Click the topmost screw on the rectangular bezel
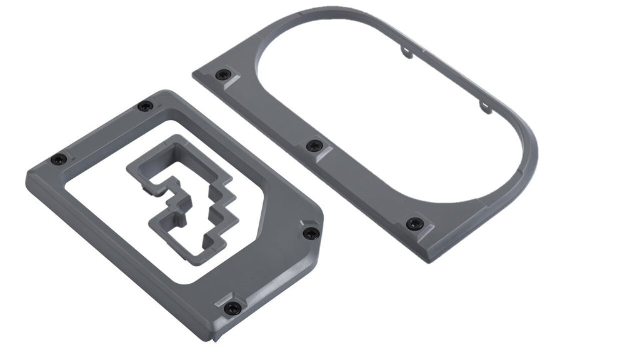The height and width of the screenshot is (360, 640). pyautogui.click(x=145, y=106)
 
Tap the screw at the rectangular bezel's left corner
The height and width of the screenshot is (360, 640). pyautogui.click(x=58, y=159)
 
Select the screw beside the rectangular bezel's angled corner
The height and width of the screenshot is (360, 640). pyautogui.click(x=311, y=233)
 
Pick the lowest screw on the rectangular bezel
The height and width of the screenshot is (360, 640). pyautogui.click(x=232, y=307)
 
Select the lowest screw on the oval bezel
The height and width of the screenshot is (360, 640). pyautogui.click(x=414, y=224)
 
